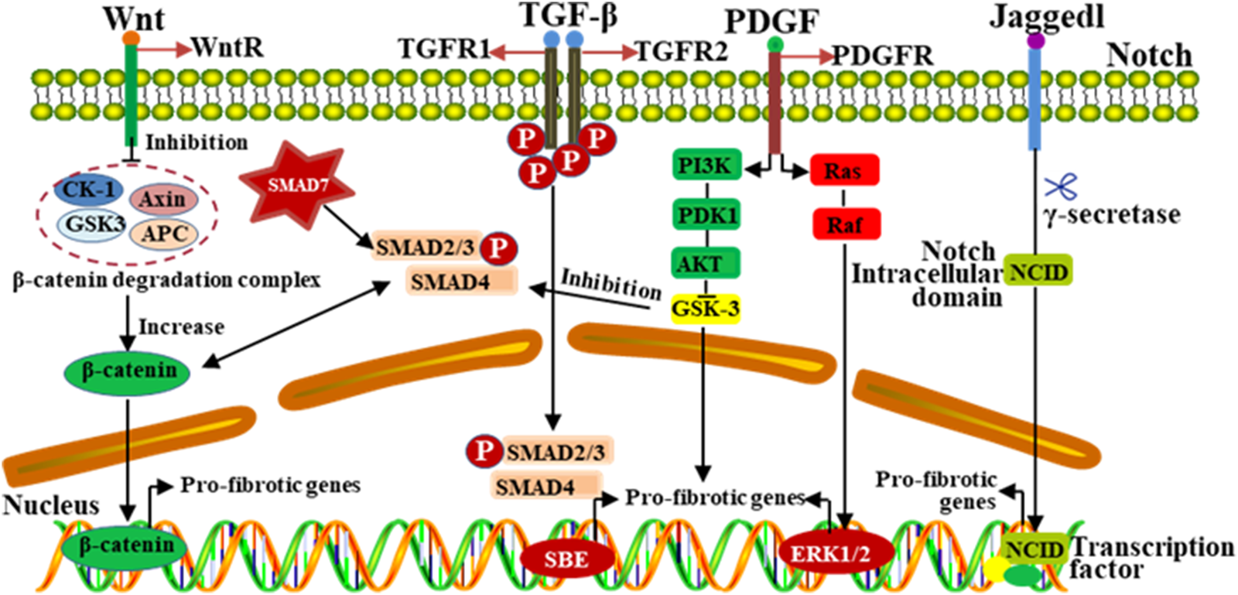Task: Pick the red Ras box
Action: coord(843,170)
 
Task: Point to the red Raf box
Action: coord(845,225)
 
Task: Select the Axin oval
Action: coord(162,200)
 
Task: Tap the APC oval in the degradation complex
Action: coord(163,234)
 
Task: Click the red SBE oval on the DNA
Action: coord(567,559)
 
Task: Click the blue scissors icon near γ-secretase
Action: coord(1061,186)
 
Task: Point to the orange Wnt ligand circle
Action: coord(132,37)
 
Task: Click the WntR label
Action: coord(227,48)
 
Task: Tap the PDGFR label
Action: coord(882,56)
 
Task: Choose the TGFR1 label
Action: coord(443,50)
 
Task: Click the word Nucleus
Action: coord(51,505)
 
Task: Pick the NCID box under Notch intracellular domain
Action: coord(1038,272)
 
